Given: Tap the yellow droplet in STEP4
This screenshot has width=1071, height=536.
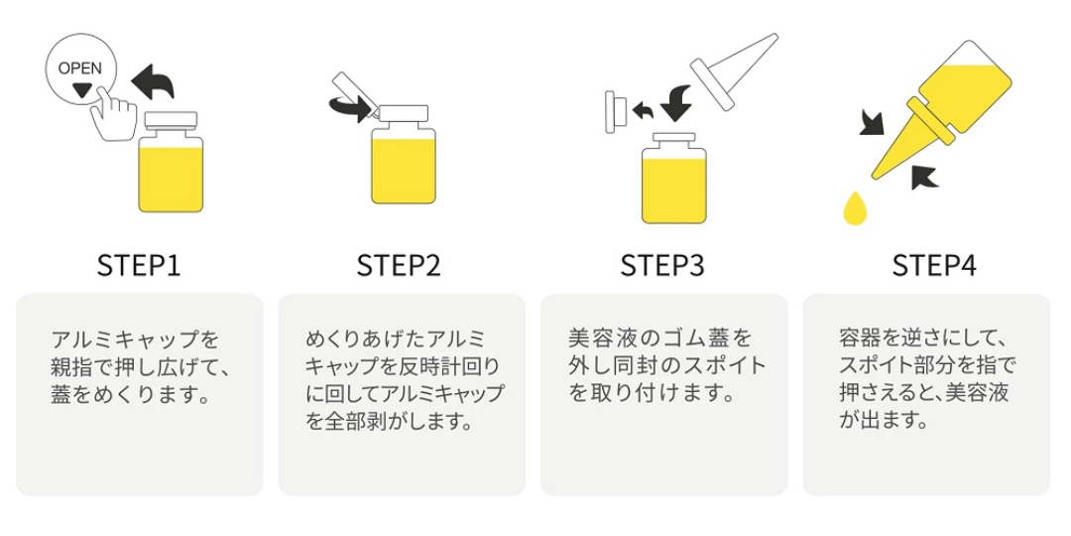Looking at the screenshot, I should pos(853,207).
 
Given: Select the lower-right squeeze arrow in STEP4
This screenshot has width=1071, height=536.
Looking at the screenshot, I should pos(922,176).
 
